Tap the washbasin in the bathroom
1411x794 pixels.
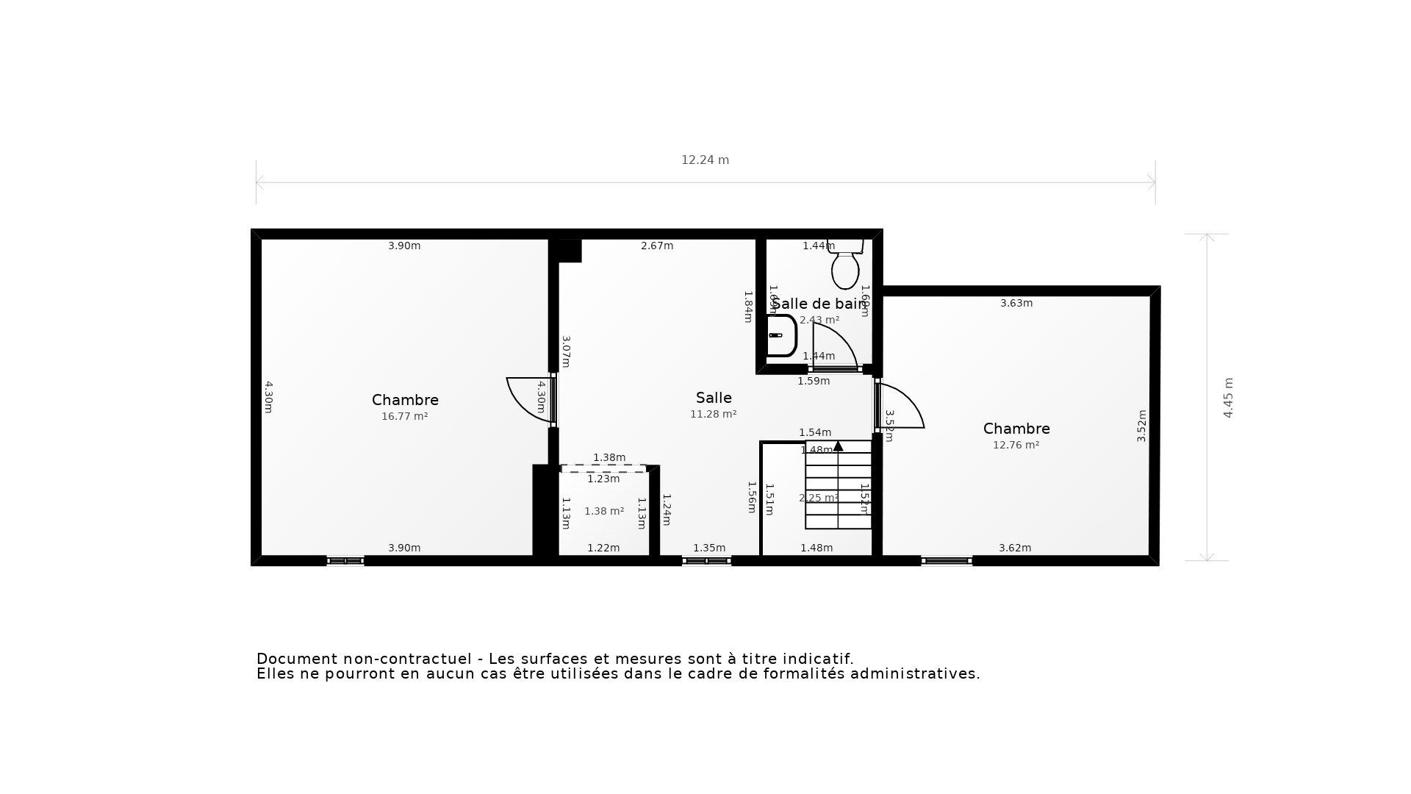780,336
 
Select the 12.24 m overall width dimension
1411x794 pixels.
705,160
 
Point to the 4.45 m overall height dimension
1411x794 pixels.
1228,398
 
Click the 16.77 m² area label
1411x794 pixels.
404,416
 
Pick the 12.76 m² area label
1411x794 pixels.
1016,445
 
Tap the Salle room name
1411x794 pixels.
714,398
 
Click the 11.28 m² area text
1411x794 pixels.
713,414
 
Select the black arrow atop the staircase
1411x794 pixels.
838,446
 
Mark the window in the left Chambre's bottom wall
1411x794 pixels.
345,561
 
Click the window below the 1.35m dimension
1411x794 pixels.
706,561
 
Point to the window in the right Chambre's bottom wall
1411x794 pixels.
947,561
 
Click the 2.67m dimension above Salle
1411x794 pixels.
657,246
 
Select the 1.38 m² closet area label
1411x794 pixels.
604,511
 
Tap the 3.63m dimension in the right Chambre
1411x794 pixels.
1016,303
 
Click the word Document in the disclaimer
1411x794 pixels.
293,659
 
